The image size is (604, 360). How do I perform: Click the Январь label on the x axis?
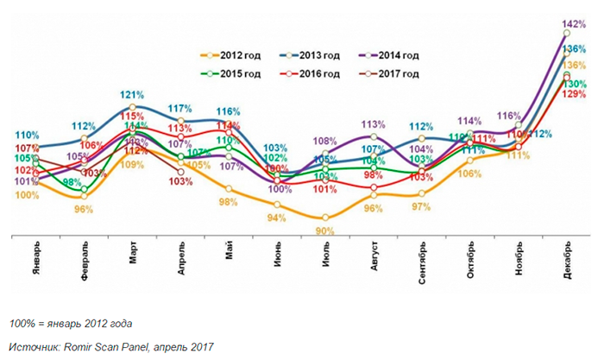coord(35,260)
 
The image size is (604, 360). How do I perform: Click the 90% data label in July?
coord(324,231)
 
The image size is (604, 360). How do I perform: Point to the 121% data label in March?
coord(131,94)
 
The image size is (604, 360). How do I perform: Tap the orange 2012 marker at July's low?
coord(324,218)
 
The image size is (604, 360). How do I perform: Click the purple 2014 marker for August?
coord(374,136)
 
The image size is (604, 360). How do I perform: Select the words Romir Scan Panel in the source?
coord(124,346)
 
